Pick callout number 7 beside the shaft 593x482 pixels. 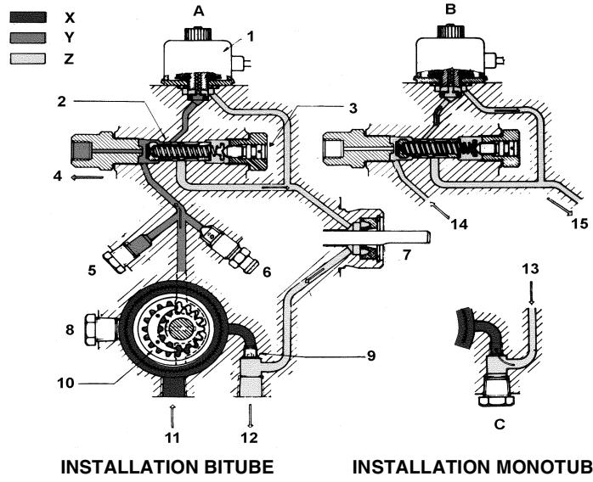coord(406,254)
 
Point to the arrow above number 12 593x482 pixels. coord(250,415)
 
